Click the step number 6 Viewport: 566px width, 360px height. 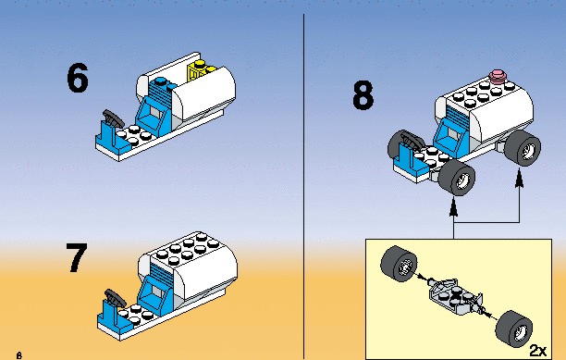point(78,77)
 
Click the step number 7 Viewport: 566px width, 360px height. point(77,257)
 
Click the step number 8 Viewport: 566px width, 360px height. point(363,95)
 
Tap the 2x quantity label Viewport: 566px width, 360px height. point(538,350)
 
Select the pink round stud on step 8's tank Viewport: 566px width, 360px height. point(498,76)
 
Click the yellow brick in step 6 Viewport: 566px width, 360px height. point(201,69)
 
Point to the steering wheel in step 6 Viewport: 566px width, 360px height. point(113,118)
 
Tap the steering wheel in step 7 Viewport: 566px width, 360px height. point(116,298)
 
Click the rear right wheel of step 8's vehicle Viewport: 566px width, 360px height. point(523,148)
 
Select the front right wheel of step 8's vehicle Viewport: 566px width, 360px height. point(457,178)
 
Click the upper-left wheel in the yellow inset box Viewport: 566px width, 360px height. point(399,264)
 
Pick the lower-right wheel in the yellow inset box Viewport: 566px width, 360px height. point(513,329)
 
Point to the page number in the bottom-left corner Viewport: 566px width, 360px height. point(19,355)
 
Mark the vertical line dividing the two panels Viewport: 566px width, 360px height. point(304,186)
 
